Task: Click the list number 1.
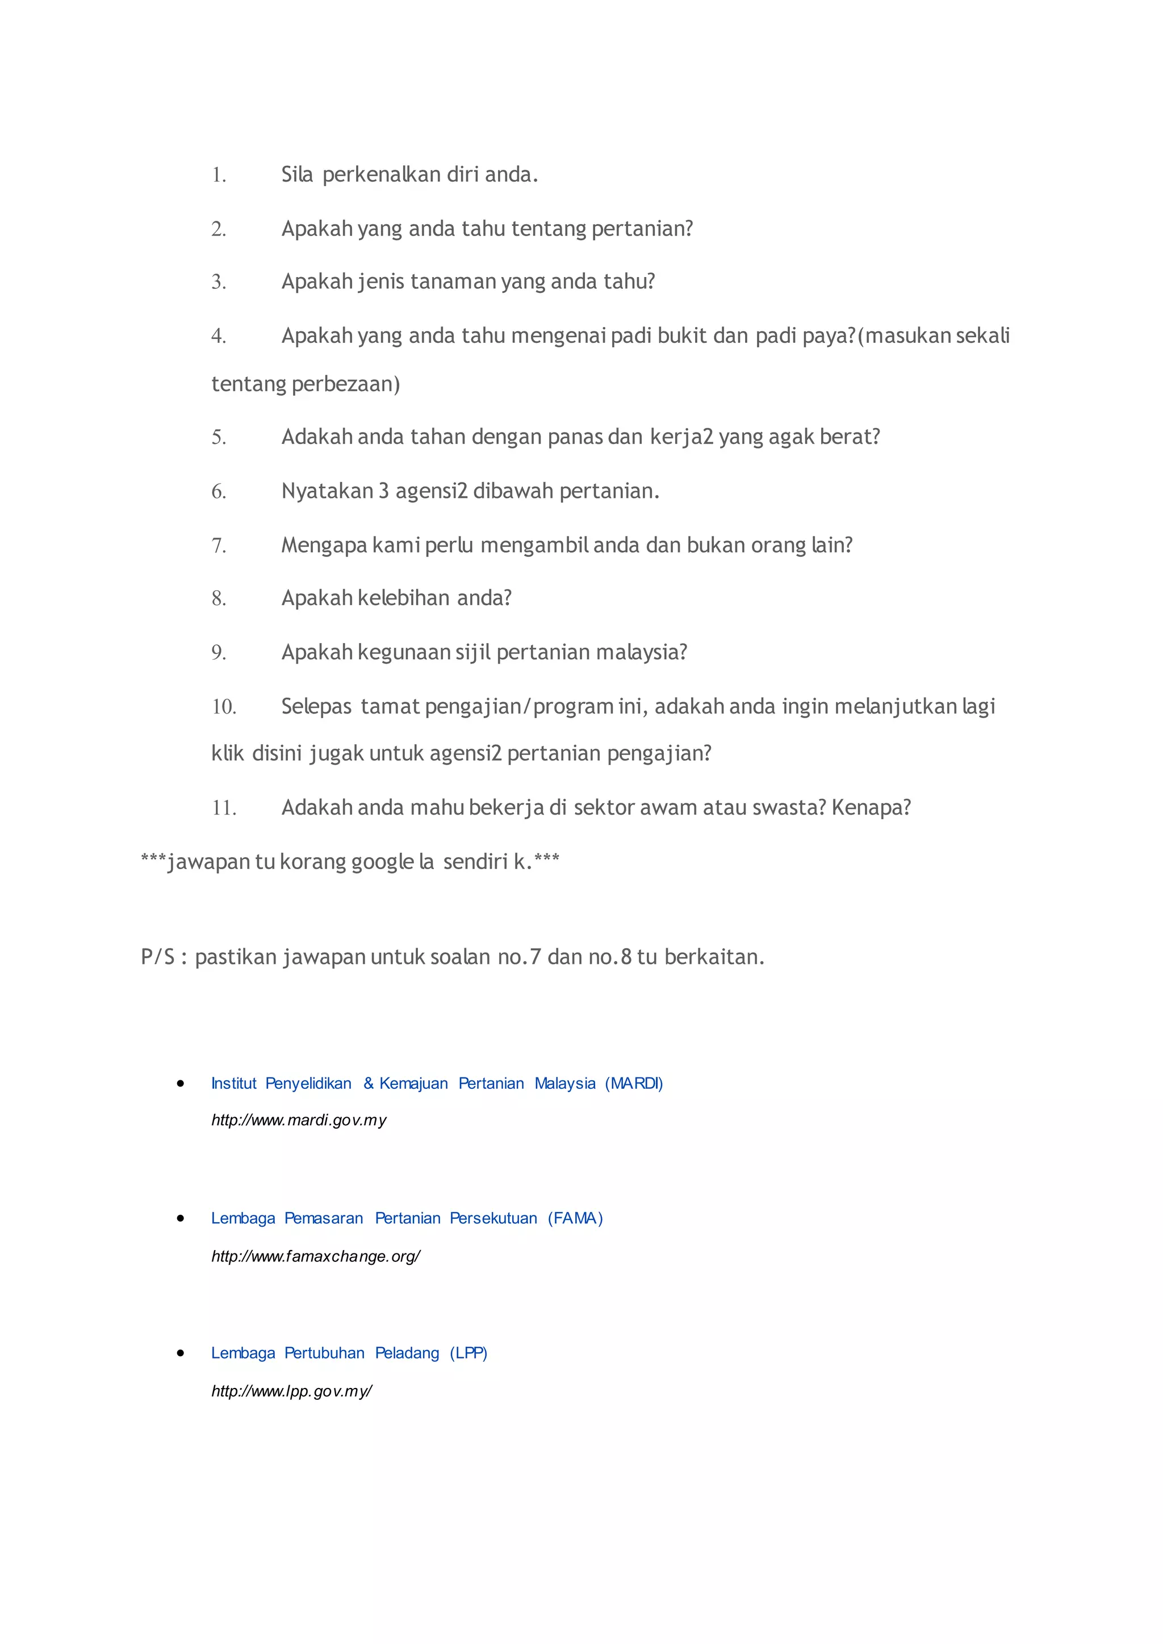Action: click(x=219, y=175)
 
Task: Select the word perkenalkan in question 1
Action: click(x=381, y=175)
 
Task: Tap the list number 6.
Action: click(x=219, y=491)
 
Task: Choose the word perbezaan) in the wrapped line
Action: click(x=346, y=384)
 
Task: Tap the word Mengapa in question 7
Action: click(x=324, y=545)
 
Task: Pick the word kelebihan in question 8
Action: click(x=404, y=598)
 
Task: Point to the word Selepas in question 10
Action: click(x=316, y=707)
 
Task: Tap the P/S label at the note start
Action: click(x=157, y=957)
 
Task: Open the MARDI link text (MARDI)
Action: click(x=634, y=1083)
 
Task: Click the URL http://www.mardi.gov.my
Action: click(x=299, y=1121)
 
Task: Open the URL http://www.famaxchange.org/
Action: click(x=316, y=1256)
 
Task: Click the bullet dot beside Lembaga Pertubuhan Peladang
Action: click(x=181, y=1353)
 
